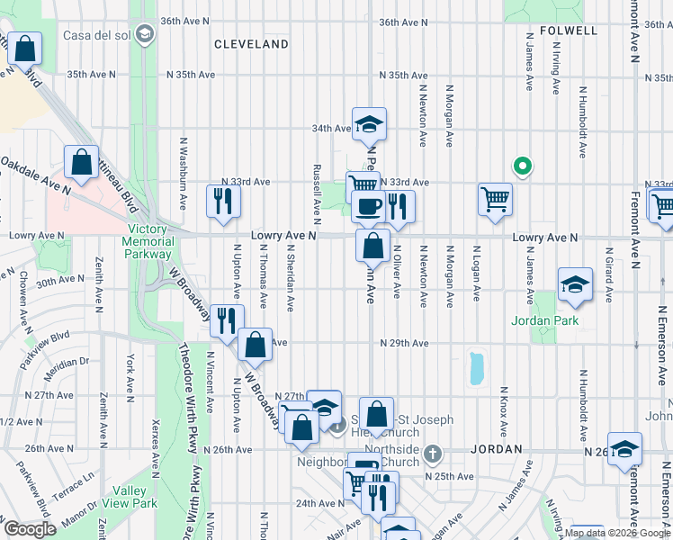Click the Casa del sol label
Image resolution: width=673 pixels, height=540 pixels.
pos(100,35)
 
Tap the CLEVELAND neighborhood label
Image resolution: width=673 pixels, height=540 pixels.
pos(250,43)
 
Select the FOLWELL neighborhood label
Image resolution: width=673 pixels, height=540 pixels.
pos(568,31)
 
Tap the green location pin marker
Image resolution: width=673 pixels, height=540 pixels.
pos(520,166)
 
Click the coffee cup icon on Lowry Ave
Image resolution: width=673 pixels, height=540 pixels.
pos(367,207)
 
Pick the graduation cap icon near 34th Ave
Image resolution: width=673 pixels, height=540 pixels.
pos(369,125)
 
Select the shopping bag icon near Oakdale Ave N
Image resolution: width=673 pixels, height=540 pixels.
pos(81,163)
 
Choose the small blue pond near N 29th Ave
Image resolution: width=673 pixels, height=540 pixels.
pos(475,367)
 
